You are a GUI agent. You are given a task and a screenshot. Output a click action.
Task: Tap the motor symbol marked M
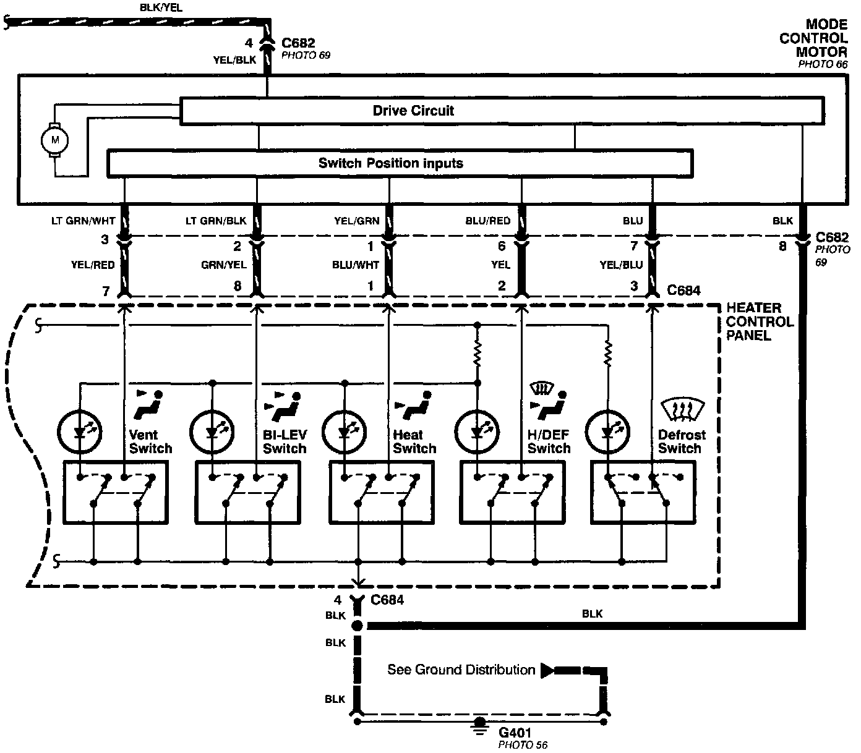[54, 140]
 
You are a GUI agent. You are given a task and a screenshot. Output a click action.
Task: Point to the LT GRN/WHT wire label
[83, 221]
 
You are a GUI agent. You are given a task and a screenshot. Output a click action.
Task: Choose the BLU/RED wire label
[488, 221]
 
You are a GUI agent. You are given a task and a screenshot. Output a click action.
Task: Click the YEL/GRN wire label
[356, 221]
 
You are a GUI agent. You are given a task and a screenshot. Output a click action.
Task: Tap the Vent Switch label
[150, 441]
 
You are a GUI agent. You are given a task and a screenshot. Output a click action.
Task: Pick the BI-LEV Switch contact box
[247, 493]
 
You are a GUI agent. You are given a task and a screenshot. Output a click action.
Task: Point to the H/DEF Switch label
[549, 441]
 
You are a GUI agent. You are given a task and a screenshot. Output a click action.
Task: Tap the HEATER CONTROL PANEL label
[759, 321]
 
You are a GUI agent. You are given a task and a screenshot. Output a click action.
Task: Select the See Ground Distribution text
[461, 670]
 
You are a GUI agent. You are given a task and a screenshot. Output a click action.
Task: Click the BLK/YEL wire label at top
[162, 8]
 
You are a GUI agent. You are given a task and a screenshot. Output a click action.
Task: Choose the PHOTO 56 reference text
[523, 745]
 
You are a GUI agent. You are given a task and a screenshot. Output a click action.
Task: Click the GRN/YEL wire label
[223, 265]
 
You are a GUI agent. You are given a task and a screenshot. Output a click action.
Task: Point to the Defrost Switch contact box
[643, 493]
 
